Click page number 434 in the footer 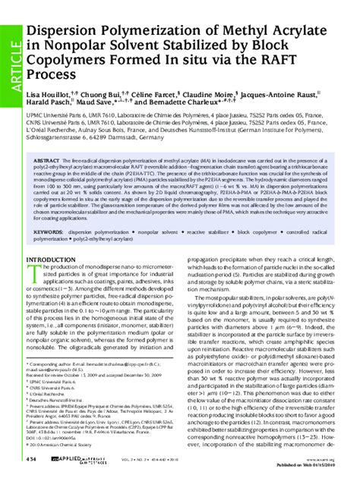(31, 459)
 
